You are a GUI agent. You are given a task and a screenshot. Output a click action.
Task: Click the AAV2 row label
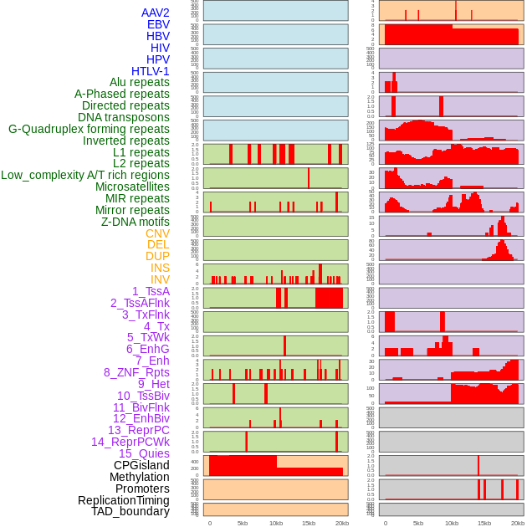tap(156, 13)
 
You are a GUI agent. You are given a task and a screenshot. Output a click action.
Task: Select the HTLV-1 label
tap(151, 71)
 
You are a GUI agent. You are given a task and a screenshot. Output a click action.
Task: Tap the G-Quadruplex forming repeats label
tap(89, 129)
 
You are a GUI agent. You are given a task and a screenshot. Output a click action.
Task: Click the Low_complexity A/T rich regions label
tap(85, 175)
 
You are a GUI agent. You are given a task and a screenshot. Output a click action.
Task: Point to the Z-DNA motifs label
tap(136, 222)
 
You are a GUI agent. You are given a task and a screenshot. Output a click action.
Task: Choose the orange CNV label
tap(157, 233)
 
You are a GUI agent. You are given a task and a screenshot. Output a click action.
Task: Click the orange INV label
tap(160, 279)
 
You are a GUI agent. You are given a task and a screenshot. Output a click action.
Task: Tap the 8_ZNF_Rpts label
tap(136, 372)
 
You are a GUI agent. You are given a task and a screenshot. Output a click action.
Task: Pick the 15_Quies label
tap(144, 453)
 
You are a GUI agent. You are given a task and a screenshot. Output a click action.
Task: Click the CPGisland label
tap(141, 465)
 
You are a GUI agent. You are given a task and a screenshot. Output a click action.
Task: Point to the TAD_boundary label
tap(130, 511)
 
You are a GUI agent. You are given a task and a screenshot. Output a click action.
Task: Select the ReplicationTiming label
tap(124, 500)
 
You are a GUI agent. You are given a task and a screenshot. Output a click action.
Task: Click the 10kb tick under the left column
tap(276, 523)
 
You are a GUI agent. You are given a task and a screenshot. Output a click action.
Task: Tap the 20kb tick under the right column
tap(518, 523)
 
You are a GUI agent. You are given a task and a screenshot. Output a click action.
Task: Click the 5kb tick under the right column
tap(418, 523)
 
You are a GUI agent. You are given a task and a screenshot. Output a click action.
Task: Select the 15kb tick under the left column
tap(309, 523)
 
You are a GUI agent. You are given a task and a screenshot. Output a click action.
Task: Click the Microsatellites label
tap(132, 187)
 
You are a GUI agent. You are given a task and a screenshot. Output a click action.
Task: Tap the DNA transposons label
tap(124, 117)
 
